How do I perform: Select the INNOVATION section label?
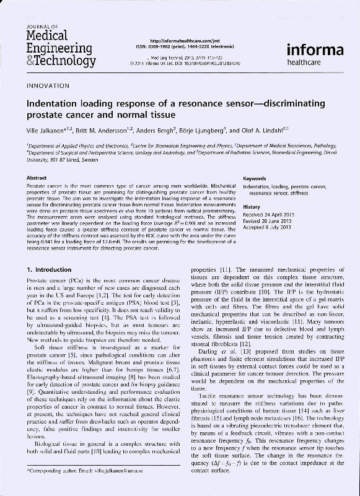click(x=48, y=85)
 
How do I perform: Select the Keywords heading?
click(x=255, y=178)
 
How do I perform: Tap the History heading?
click(x=252, y=206)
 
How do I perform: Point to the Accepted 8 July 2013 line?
click(x=268, y=227)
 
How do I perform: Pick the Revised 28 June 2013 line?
click(x=268, y=220)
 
